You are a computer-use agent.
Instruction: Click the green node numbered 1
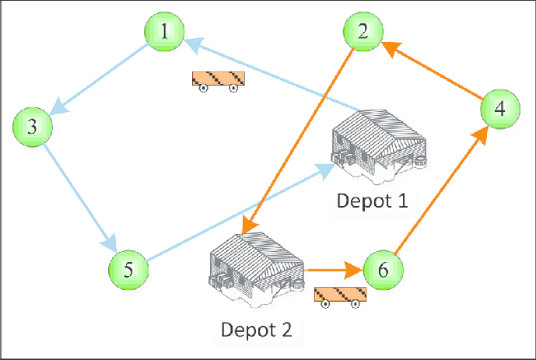click(x=164, y=33)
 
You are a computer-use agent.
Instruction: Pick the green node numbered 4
click(x=499, y=109)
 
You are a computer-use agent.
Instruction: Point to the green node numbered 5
click(x=128, y=269)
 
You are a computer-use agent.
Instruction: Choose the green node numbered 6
click(x=384, y=269)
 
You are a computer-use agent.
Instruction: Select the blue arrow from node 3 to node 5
click(x=75, y=190)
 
